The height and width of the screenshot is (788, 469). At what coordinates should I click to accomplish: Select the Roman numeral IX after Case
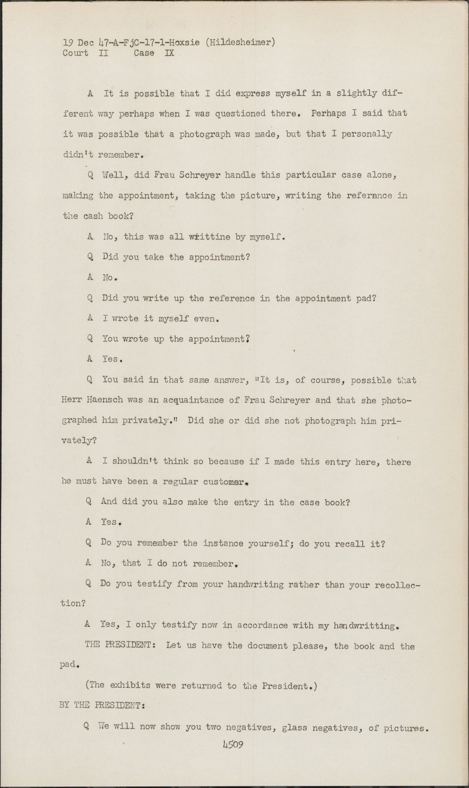(169, 53)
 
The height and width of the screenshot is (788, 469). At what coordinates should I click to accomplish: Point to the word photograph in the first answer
(205, 134)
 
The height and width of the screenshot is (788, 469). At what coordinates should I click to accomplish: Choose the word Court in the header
(75, 53)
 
